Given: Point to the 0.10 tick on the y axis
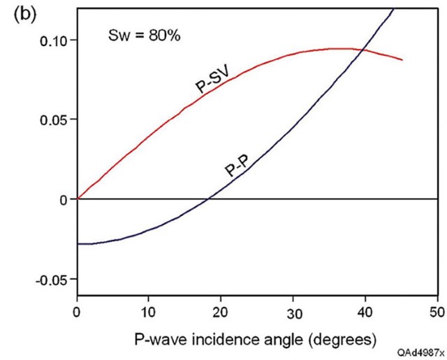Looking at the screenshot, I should [x=54, y=40].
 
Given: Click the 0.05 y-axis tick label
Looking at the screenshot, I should [x=54, y=120].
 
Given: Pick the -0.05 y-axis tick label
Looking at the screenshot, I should [x=52, y=279].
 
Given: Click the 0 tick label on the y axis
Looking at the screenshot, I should [x=63, y=199].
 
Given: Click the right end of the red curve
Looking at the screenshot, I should [x=402, y=60].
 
